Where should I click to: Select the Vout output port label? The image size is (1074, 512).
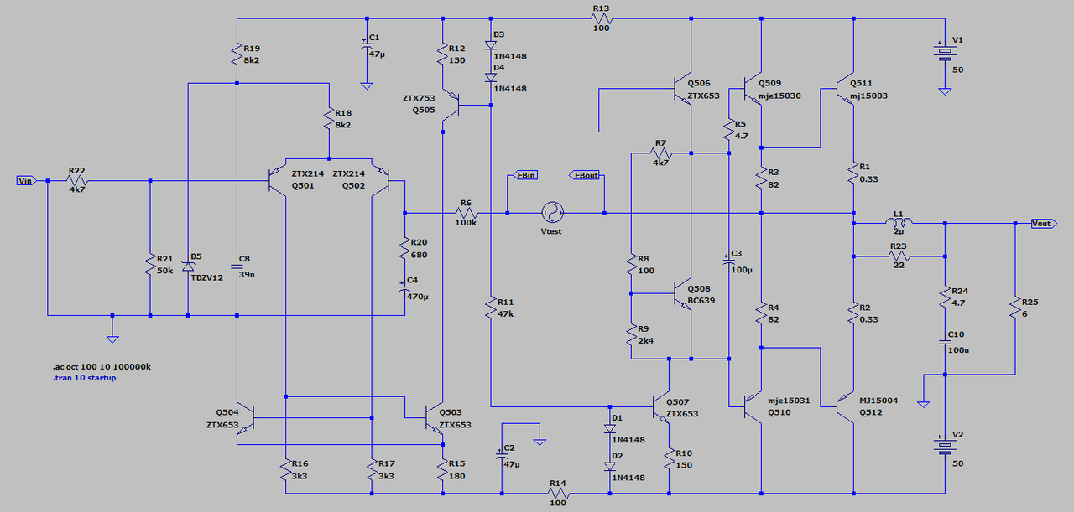[x=1041, y=224]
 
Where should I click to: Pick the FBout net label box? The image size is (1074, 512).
[x=586, y=175]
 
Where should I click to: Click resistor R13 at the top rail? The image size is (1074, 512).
[x=601, y=18]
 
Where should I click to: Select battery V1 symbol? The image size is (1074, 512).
[x=945, y=53]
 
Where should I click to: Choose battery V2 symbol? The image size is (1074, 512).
[x=945, y=446]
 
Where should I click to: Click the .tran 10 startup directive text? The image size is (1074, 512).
[x=84, y=378]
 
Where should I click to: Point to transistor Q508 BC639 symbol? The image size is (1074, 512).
[x=684, y=294]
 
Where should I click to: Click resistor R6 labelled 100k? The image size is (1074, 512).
[x=467, y=213]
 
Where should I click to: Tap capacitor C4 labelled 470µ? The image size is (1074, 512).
[x=404, y=286]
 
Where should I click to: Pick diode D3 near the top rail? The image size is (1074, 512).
[x=490, y=46]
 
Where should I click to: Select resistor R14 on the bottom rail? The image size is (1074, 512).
[x=559, y=494]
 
